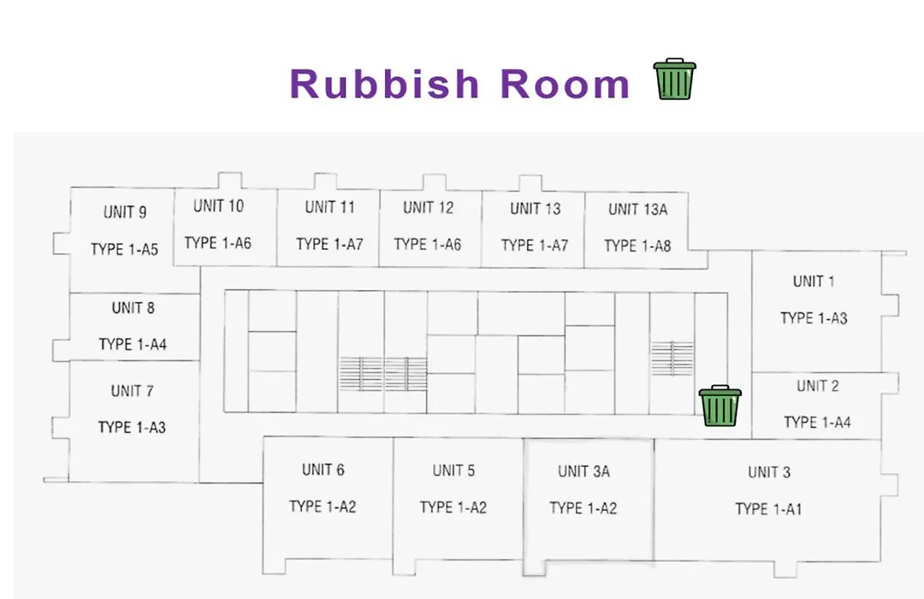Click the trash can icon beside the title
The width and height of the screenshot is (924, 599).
coord(675,79)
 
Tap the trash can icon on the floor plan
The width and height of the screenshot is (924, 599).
coord(720,406)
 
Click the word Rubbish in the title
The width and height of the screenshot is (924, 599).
coord(385,83)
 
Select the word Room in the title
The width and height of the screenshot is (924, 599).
coord(566,84)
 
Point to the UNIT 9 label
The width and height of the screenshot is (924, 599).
coord(125,212)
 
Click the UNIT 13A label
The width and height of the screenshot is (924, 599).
coord(637,210)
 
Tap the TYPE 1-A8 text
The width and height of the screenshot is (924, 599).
coord(637,246)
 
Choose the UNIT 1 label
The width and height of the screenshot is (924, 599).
coord(814,282)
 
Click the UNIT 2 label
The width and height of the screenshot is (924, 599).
coord(817,386)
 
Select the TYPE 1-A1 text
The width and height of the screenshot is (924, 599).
coord(768,509)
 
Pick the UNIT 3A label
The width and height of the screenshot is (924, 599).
coord(584,471)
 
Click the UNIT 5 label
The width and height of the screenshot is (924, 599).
coord(453,471)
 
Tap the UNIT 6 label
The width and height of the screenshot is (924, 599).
coord(323,470)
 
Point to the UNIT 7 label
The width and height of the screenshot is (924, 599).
coord(132,391)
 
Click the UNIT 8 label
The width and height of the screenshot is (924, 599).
coord(133,308)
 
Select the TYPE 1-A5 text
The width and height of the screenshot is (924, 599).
coord(124,249)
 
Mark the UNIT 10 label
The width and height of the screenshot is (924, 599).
coord(219,205)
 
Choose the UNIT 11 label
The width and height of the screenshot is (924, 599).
coord(330,207)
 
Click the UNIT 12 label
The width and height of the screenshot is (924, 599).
coord(429,208)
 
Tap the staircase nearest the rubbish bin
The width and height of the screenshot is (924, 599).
coord(672,358)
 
